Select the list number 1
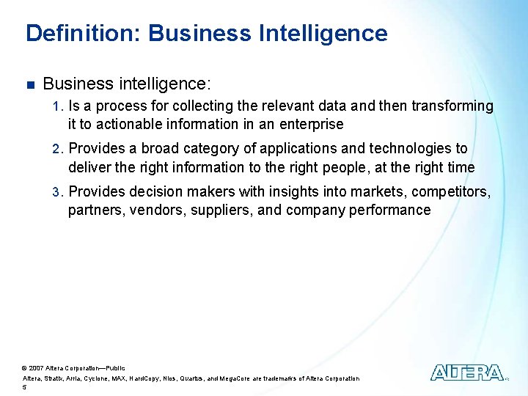(x=58, y=106)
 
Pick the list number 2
(x=58, y=149)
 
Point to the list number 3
(x=58, y=192)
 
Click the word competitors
(x=452, y=192)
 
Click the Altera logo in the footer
(x=467, y=373)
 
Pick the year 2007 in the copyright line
(x=37, y=367)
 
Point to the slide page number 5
(x=25, y=386)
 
